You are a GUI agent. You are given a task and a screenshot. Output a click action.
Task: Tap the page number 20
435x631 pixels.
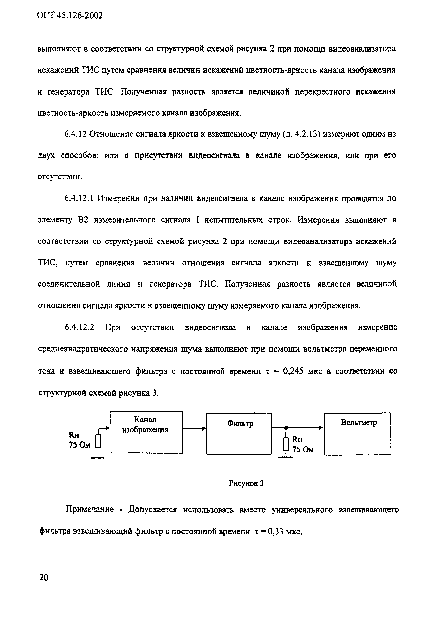44,577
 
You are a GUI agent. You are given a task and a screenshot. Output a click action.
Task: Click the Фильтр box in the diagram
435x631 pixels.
239,434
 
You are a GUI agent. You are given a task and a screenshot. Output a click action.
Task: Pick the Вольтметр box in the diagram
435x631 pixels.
357,434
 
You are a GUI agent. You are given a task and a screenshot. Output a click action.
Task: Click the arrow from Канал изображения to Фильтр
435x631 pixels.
194,428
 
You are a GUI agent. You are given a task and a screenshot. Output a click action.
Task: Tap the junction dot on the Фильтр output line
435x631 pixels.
286,428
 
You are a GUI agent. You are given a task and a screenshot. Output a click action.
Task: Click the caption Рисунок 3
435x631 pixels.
246,483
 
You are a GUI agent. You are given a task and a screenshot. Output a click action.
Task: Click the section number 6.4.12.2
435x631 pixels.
79,327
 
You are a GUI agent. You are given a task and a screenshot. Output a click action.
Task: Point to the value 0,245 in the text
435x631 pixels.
293,371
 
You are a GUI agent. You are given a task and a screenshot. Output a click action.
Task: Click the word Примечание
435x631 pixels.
90,509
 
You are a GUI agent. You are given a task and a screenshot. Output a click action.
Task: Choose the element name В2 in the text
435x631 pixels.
83,220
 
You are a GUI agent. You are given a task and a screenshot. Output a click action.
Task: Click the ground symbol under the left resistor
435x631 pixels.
98,458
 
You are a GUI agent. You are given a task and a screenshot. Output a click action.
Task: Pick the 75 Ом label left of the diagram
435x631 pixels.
79,445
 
